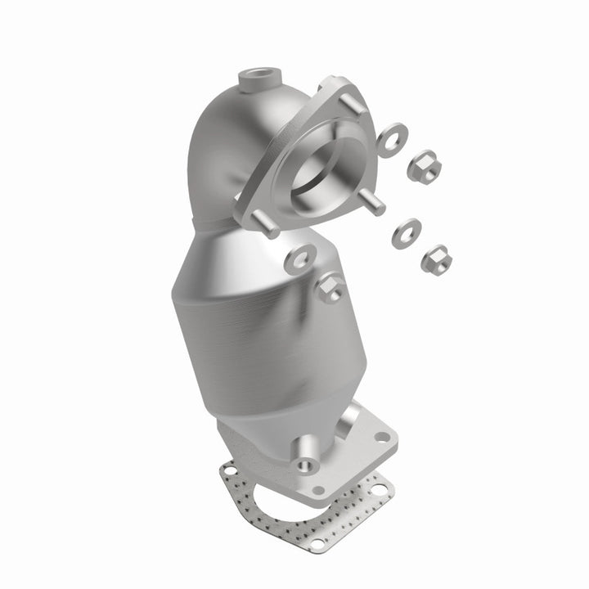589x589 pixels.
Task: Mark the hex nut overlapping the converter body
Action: coord(330,289)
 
